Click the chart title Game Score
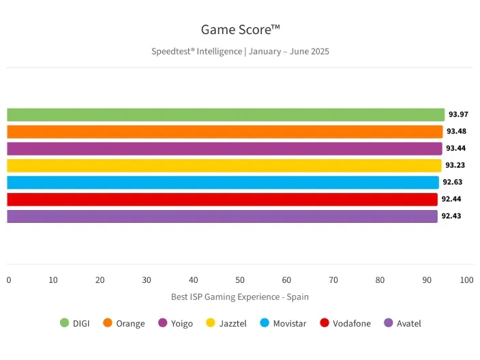coord(240,30)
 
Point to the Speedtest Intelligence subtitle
coord(240,51)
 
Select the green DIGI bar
coord(225,115)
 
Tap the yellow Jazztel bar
coord(224,166)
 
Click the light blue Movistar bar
coord(222,182)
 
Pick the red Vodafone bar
coord(222,199)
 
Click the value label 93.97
coord(458,115)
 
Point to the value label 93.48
coord(456,132)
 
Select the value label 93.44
coord(456,149)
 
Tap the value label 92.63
coord(453,182)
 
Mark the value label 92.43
coord(451,216)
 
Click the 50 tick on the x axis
coord(240,280)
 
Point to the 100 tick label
coord(466,280)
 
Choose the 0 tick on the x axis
coord(9,280)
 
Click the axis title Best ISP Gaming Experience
coord(239,297)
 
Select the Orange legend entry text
coord(130,324)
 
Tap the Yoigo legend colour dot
coord(163,323)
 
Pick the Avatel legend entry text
coord(409,324)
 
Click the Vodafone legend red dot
coord(325,323)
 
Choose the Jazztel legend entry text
coord(233,324)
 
